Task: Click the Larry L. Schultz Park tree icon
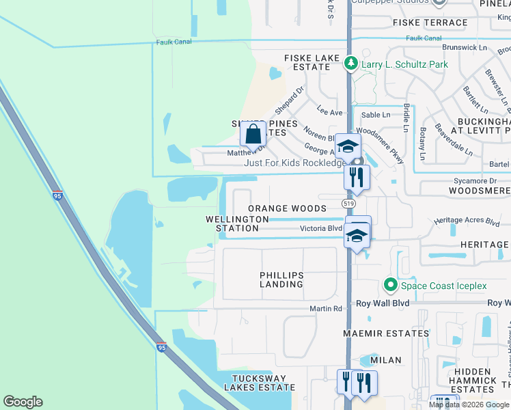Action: click(351, 64)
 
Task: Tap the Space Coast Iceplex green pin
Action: click(390, 285)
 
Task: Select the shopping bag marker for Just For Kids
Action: click(253, 135)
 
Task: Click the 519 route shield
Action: click(348, 204)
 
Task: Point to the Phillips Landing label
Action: click(281, 279)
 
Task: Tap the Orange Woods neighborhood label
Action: click(287, 208)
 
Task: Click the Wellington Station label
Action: click(232, 223)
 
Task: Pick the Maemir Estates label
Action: click(387, 333)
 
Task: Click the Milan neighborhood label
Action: click(385, 359)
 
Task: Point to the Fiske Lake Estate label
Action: click(312, 63)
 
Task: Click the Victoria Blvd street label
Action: click(320, 228)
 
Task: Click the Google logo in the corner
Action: click(23, 402)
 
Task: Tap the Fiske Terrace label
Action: click(430, 23)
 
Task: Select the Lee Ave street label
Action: click(329, 112)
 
